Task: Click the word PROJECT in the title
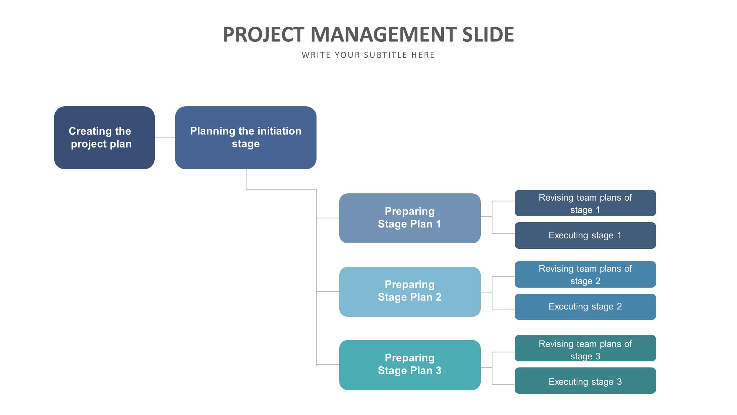click(264, 35)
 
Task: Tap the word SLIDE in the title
click(488, 35)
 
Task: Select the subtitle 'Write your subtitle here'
click(368, 55)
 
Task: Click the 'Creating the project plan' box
click(104, 138)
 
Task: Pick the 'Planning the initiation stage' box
click(246, 138)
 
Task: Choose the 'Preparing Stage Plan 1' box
click(410, 218)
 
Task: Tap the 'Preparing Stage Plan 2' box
click(410, 292)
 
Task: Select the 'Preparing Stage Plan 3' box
click(410, 365)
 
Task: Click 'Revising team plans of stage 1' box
click(585, 203)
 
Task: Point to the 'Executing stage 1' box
click(585, 235)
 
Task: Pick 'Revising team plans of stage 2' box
click(585, 274)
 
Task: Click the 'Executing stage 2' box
click(585, 307)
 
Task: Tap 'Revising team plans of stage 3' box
click(585, 348)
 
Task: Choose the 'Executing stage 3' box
click(585, 380)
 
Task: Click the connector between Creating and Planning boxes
click(165, 138)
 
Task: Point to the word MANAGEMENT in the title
click(383, 35)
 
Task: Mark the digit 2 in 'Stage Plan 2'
click(438, 297)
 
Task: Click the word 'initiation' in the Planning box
click(279, 131)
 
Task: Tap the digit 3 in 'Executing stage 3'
click(619, 382)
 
